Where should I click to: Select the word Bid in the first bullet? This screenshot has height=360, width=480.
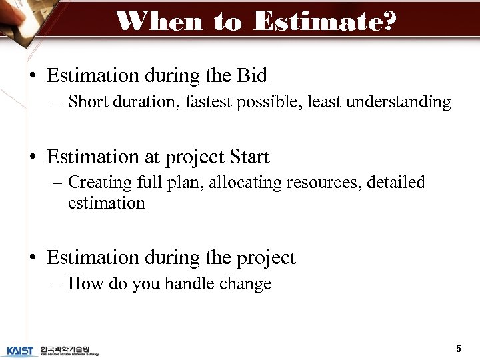tap(252, 76)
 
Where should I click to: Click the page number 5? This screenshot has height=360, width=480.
tap(458, 348)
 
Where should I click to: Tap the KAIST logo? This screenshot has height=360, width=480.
tap(21, 350)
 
